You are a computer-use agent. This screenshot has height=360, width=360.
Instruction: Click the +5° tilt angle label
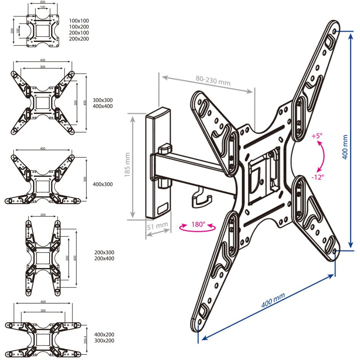coord(317,136)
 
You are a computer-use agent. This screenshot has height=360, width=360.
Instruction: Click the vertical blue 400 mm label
coord(345,147)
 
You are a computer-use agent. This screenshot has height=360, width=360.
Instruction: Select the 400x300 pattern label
coord(103,184)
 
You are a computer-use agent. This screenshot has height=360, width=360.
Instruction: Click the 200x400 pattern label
coord(104,259)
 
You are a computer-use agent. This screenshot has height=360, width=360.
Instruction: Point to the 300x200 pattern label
coord(104,341)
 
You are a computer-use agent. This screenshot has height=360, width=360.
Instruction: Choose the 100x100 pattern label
coord(79,20)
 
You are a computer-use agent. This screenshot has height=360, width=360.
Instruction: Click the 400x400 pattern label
coord(103,106)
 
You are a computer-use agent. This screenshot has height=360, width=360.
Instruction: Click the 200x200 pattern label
coord(79,39)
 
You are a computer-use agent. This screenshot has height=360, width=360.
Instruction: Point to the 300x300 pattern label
coord(103,100)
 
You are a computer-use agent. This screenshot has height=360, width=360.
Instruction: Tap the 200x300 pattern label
coord(104,252)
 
